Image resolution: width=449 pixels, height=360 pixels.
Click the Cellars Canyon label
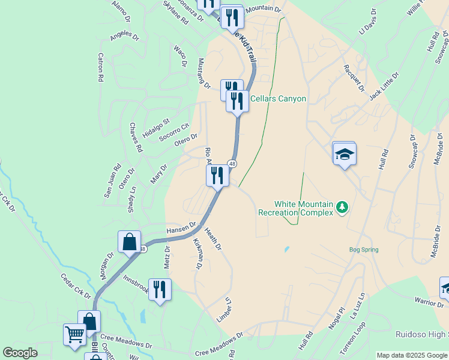(278, 99)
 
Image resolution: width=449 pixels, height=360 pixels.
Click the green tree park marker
(342, 207)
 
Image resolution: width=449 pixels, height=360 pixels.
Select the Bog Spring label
(364, 250)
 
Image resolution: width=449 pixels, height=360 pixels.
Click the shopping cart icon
(74, 334)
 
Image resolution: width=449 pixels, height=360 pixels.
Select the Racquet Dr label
(354, 79)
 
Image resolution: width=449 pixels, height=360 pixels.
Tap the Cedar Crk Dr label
(76, 287)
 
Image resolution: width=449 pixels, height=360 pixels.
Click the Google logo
(19, 353)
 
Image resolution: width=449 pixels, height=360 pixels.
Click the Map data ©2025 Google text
(411, 355)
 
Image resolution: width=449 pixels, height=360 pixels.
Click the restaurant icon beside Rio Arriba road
(217, 175)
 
